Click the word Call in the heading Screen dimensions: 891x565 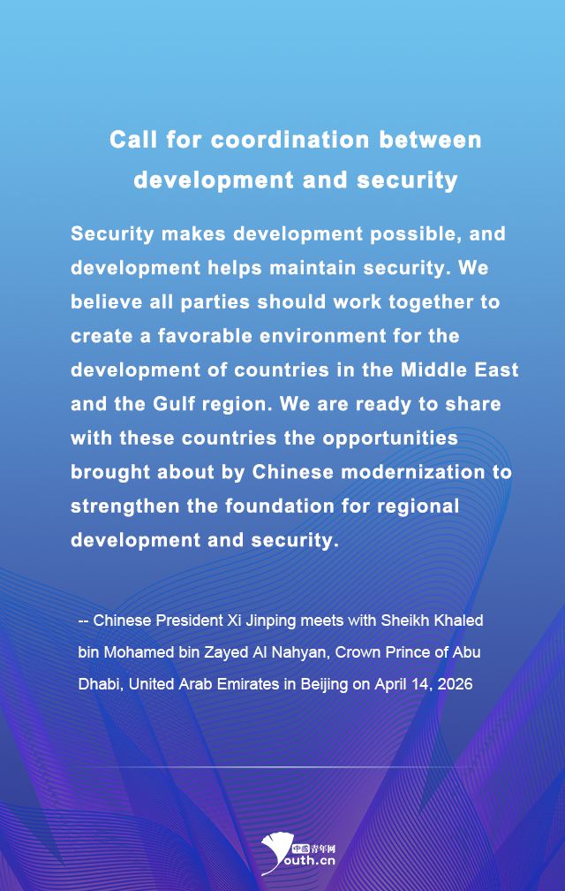pos(132,140)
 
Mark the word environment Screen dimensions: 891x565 pos(336,336)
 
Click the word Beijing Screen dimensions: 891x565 pos(324,684)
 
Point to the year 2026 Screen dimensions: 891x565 pos(456,684)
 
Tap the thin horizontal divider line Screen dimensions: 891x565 pos(282,767)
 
